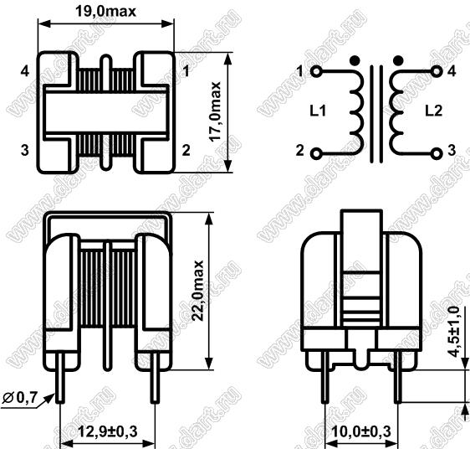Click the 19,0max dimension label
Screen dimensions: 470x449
tap(105, 12)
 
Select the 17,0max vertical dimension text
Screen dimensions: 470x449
tap(215, 111)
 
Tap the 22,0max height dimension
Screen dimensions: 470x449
tap(197, 291)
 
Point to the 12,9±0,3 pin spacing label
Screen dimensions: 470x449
tap(108, 431)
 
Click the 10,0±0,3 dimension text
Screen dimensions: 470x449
tap(361, 431)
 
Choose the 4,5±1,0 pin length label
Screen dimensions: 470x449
tap(453, 332)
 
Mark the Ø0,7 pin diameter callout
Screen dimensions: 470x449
tap(20, 398)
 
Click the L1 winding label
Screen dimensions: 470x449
tap(318, 111)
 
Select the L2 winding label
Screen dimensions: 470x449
tap(434, 111)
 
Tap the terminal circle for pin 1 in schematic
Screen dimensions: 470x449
tap(316, 72)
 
